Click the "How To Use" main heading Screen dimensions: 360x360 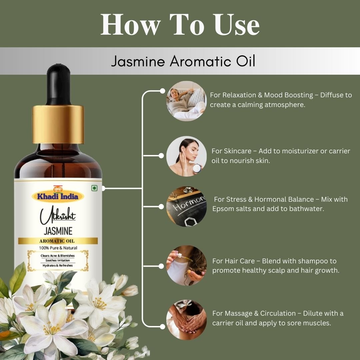(x=180, y=25)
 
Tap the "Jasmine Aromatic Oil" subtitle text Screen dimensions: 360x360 (x=183, y=61)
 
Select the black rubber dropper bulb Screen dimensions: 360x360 (x=58, y=83)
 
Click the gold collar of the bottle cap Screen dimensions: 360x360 (x=58, y=124)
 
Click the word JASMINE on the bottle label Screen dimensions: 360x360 (x=58, y=231)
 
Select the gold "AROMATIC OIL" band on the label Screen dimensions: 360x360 (x=58, y=241)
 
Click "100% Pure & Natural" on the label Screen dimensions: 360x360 (x=58, y=248)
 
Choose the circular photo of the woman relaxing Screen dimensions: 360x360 (x=186, y=101)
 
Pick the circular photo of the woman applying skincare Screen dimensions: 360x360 (x=186, y=156)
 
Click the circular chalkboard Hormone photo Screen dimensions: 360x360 (x=186, y=207)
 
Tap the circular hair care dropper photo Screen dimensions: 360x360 (x=186, y=266)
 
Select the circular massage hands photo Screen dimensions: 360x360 (x=186, y=319)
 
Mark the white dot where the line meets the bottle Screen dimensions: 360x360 (x=103, y=188)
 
